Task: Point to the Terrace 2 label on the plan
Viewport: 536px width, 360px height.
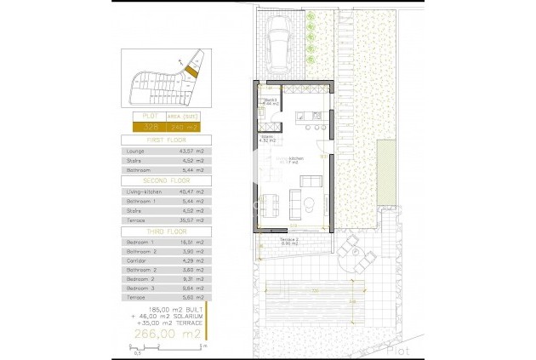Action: pos(291,239)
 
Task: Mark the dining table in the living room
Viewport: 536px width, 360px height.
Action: pos(270,203)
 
